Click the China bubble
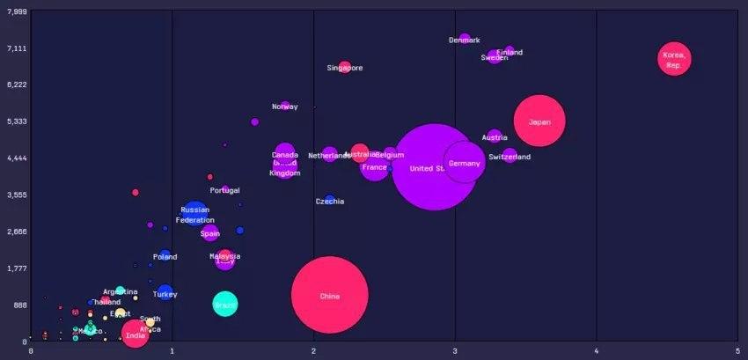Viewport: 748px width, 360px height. click(329, 296)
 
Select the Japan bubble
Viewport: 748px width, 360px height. click(539, 121)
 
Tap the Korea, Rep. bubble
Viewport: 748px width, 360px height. click(674, 59)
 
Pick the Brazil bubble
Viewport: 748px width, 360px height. click(225, 305)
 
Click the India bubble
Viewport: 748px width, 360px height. click(135, 334)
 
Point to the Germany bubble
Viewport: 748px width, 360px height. click(464, 162)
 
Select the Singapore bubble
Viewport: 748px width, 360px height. click(344, 67)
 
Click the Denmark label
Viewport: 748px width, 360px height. click(465, 40)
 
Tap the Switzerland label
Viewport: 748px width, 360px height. click(510, 158)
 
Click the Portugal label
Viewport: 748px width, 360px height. click(224, 191)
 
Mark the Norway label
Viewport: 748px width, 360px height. click(284, 107)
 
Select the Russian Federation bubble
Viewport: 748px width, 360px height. click(194, 212)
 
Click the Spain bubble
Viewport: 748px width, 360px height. click(210, 233)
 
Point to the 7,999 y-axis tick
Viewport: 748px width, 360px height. click(16, 11)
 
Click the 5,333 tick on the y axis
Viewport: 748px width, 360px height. click(16, 121)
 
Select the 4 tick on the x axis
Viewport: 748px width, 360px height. click(597, 351)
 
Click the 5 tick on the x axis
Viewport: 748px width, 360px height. click(737, 351)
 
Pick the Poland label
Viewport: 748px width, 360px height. click(165, 258)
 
